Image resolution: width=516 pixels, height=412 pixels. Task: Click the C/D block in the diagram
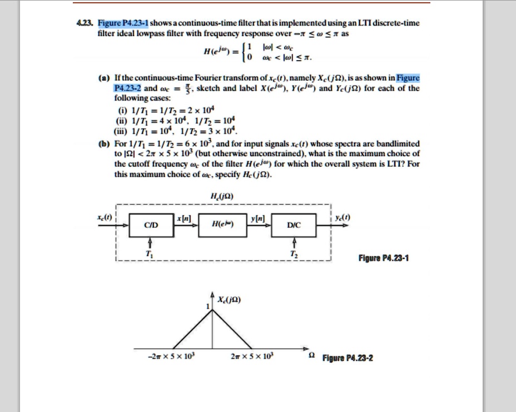click(x=150, y=226)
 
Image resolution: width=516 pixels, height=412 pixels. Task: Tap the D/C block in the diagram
click(x=294, y=226)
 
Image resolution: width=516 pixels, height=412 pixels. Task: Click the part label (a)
click(x=102, y=78)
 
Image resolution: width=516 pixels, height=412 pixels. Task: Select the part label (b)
click(x=102, y=143)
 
